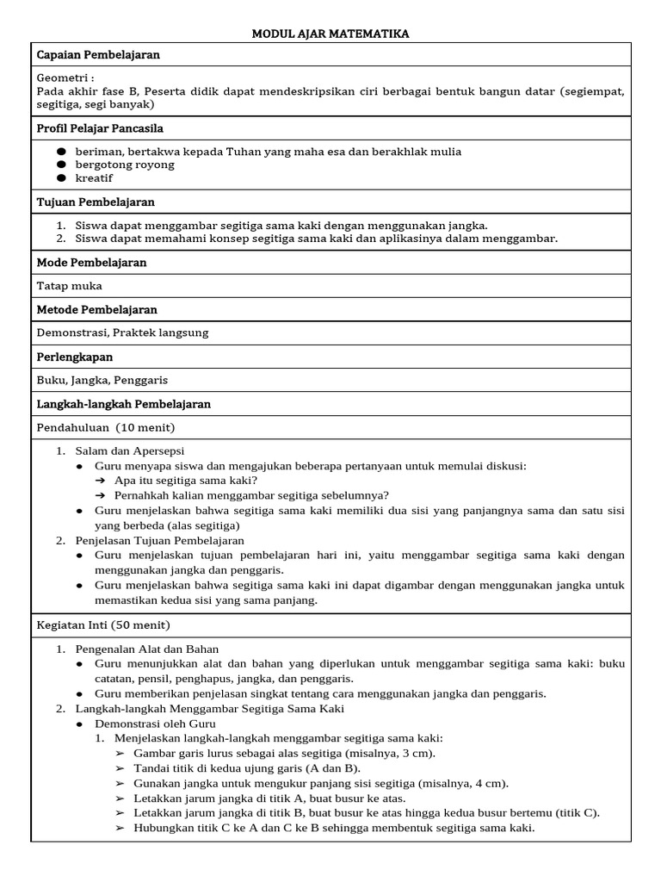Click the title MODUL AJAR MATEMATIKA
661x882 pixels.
pyautogui.click(x=330, y=34)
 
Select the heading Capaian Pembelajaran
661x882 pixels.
pyautogui.click(x=98, y=55)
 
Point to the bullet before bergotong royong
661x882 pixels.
pyautogui.click(x=61, y=165)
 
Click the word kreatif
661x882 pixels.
pyautogui.click(x=94, y=178)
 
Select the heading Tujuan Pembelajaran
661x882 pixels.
pyautogui.click(x=96, y=202)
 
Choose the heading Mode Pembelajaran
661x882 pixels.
pyautogui.click(x=92, y=262)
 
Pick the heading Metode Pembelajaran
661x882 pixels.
pyautogui.click(x=97, y=309)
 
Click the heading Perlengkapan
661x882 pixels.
pyautogui.click(x=75, y=357)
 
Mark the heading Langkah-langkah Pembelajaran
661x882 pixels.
pyautogui.click(x=124, y=404)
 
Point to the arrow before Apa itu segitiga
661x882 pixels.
pyautogui.click(x=101, y=481)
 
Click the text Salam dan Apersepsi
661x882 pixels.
pyautogui.click(x=130, y=450)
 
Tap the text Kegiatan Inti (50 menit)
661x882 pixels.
pyautogui.click(x=103, y=624)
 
